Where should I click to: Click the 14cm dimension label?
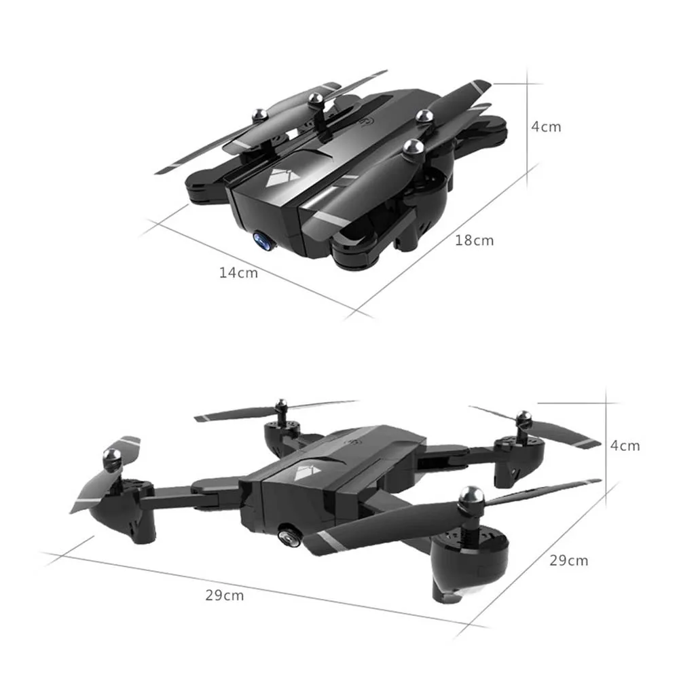[x=238, y=272]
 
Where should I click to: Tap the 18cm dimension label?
[x=475, y=240]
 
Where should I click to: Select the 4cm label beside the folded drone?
[x=547, y=126]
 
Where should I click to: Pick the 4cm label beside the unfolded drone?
[x=625, y=445]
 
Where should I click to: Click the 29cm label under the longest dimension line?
[x=224, y=595]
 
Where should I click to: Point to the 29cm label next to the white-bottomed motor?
[x=569, y=560]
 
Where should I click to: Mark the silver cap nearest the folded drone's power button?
[x=314, y=99]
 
